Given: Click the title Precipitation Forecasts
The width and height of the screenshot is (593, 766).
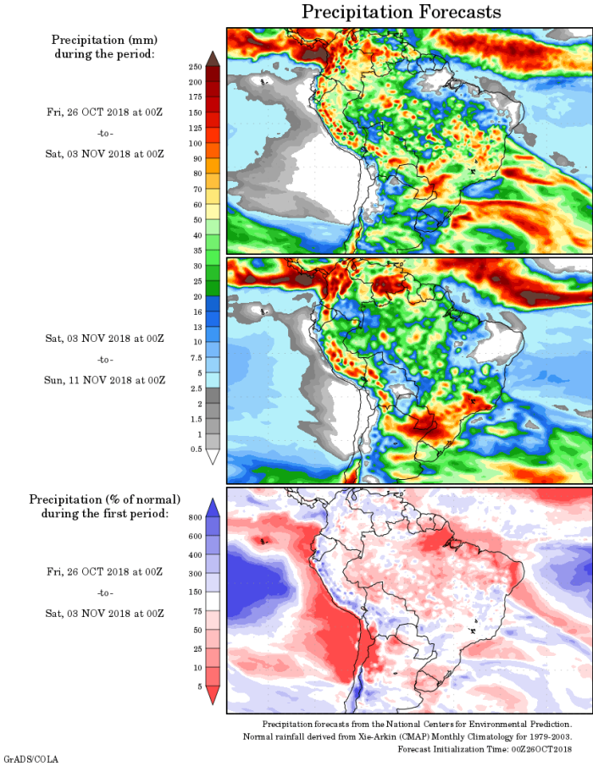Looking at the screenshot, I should pos(402,12).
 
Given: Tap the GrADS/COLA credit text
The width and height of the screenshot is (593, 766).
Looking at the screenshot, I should pos(31,758).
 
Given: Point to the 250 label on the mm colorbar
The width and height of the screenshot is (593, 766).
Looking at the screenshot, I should pos(195,66).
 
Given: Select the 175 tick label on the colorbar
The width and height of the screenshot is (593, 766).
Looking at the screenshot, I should pos(195,97).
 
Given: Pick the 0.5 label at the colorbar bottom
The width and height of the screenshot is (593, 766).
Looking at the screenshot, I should pos(195,449).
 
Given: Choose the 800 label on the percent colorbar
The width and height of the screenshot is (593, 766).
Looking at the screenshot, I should pos(195,515).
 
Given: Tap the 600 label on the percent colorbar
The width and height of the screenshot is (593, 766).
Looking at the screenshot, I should pos(195,536).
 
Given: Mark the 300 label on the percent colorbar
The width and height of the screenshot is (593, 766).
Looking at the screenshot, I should pos(195,573).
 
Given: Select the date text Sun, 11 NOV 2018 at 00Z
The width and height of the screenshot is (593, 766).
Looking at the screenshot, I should pos(105,379).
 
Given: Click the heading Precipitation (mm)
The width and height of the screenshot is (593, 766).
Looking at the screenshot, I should pos(104,40).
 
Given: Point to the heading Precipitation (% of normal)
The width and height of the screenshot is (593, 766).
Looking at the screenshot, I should pos(104,499).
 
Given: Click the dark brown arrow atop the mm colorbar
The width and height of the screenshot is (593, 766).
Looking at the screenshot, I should pos(213,58).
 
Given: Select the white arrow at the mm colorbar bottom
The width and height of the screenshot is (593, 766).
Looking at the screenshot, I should pos(213,457).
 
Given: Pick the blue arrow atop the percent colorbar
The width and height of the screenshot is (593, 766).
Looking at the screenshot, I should pos(213,506).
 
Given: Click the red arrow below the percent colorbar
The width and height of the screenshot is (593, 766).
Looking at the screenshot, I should pos(213,694).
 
